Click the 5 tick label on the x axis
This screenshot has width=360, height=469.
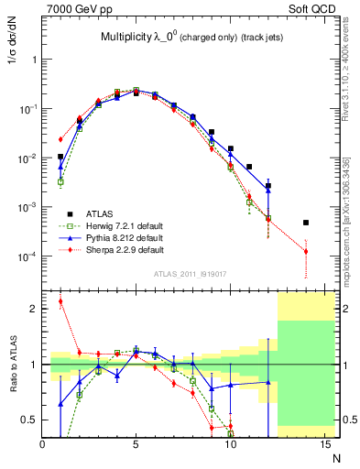[x=136, y=444]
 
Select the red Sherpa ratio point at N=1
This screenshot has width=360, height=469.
[x=61, y=301]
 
